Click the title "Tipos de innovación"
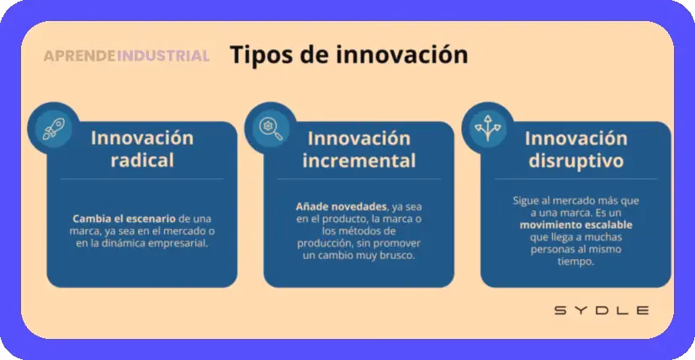pos(348,55)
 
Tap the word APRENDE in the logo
pos(79,56)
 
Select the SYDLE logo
pos(601,310)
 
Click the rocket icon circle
pos(52,126)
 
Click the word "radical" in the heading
pos(142,160)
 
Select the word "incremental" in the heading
pos(359,160)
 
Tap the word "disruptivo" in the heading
pos(576,160)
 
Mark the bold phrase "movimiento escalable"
pos(576,225)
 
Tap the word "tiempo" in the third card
pos(576,262)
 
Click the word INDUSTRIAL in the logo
pos(163,56)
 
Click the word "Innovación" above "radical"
pos(142,137)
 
